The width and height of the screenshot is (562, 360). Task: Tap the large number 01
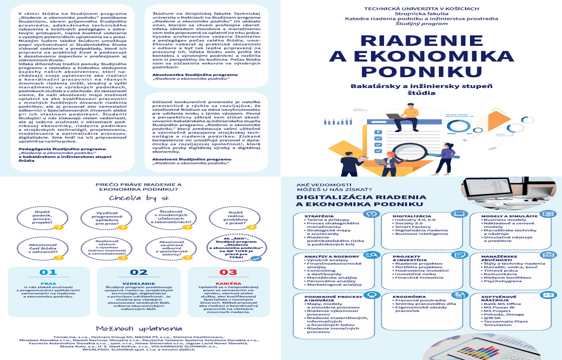pos(48,272)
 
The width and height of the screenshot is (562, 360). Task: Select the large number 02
pos(138,272)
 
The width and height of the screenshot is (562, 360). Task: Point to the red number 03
pos(228,272)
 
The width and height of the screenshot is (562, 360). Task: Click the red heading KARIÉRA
pos(228,284)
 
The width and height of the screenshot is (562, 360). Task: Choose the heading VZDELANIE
pos(138,284)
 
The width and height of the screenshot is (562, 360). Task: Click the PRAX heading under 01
pos(48,284)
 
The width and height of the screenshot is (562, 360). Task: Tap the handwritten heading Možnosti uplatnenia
pos(139,329)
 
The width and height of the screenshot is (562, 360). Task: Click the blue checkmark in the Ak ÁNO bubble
pos(256,258)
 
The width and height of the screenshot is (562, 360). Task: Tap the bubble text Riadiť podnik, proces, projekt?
pos(43,217)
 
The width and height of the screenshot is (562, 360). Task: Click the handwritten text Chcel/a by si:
pos(139,198)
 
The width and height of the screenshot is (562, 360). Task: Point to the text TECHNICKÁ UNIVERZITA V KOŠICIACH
pos(421,8)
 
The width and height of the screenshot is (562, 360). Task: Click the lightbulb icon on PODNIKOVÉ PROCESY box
pos(371,295)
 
